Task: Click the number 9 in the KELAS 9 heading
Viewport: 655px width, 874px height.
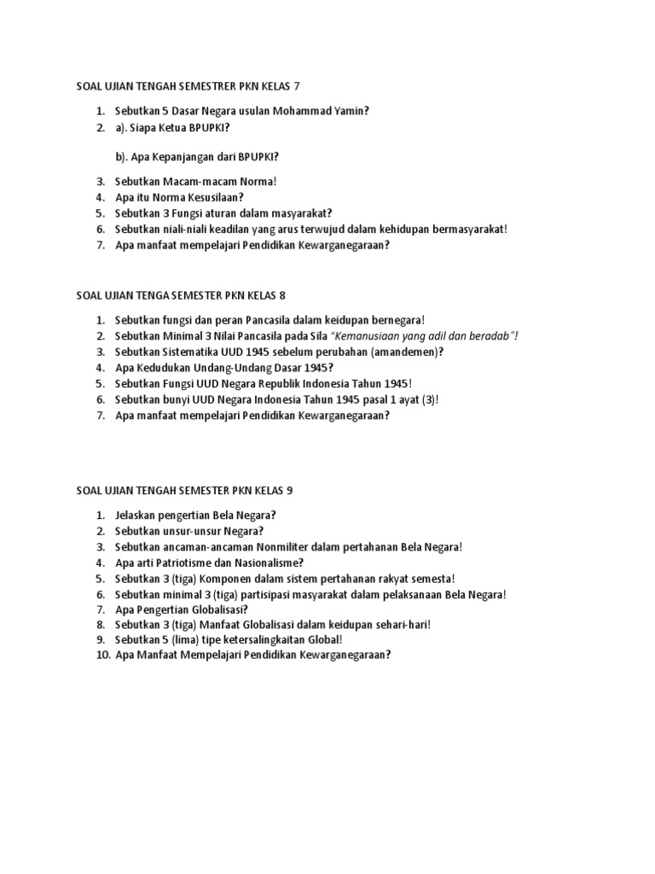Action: [x=289, y=490]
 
